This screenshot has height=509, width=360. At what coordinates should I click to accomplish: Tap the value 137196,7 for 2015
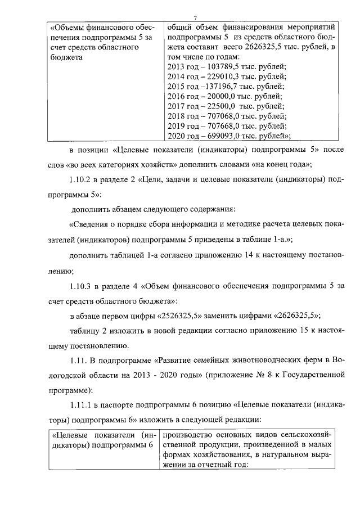pyautogui.click(x=212, y=87)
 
